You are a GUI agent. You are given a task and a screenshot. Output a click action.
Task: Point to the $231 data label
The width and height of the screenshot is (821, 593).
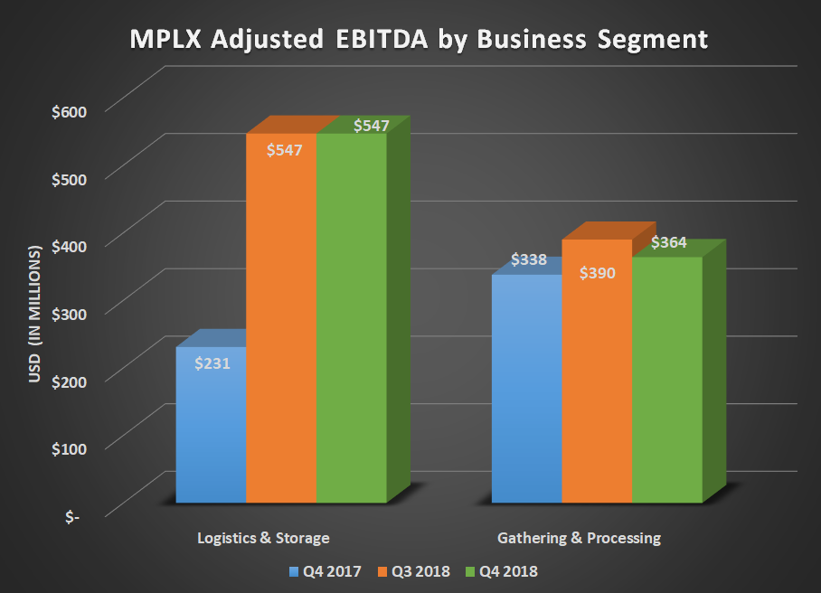pos(213,364)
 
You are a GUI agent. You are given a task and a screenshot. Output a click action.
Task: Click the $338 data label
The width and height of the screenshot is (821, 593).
pos(529,260)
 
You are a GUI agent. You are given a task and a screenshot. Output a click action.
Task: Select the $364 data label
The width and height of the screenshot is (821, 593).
pos(669,242)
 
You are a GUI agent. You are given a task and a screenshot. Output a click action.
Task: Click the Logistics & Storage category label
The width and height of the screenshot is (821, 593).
pos(263,538)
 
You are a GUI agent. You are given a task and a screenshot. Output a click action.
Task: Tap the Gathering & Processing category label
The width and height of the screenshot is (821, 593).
pos(579,538)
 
